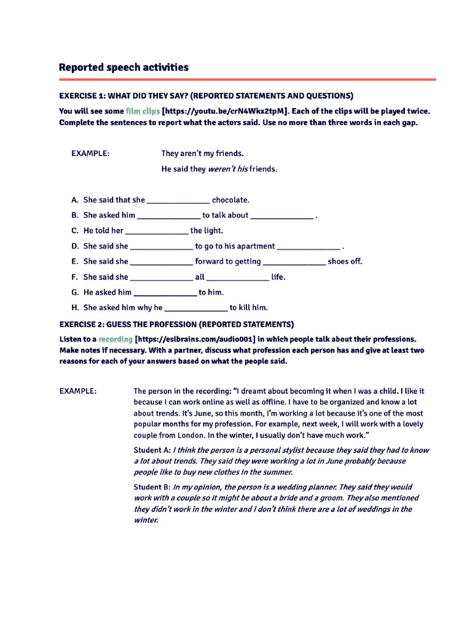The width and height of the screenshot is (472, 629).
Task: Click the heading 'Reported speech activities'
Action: click(124, 67)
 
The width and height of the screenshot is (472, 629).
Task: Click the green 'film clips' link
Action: click(143, 111)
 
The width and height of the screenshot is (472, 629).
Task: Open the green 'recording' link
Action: click(116, 339)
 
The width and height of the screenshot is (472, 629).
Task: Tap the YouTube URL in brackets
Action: click(225, 111)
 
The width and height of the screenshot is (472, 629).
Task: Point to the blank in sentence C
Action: click(157, 231)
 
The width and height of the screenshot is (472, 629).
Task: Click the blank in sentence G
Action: click(165, 293)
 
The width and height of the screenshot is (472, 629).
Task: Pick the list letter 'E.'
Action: click(75, 262)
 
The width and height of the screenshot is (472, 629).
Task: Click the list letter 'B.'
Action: click(75, 216)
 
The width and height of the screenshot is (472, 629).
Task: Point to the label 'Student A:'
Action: click(152, 450)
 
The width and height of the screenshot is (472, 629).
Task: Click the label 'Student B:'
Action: click(152, 486)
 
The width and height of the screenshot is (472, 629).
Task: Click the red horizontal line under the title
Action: click(247, 79)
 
